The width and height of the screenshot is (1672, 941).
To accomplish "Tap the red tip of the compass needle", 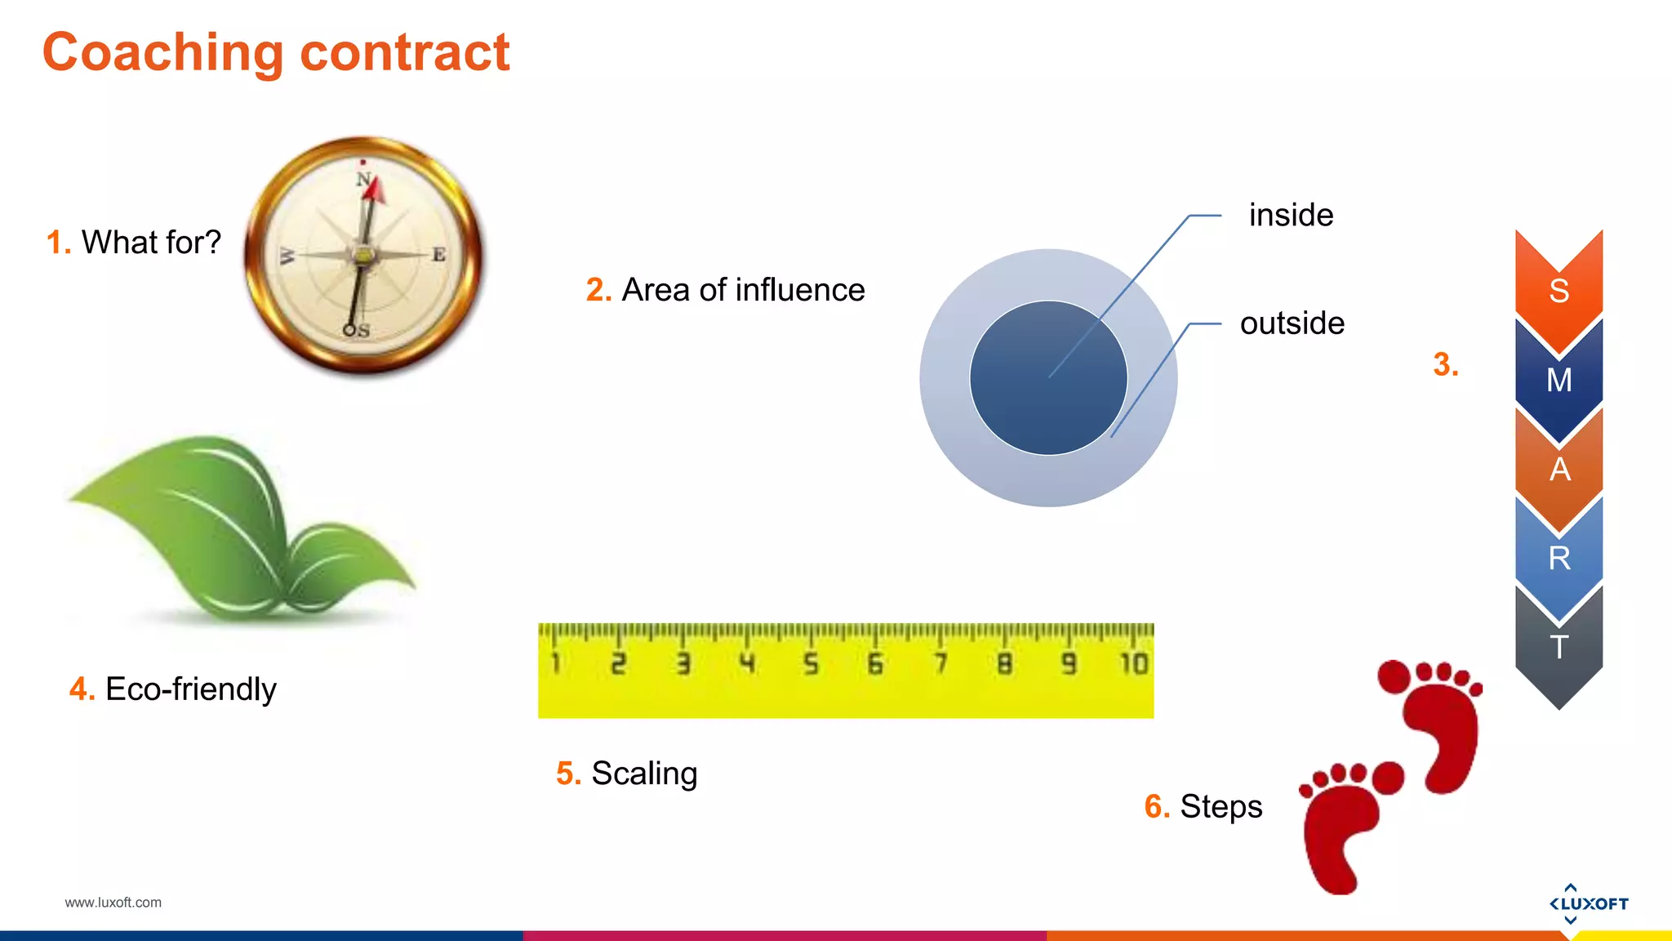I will pos(375,190).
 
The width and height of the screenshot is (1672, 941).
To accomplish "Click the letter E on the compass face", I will pos(439,255).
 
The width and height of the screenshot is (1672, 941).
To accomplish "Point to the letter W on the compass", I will pos(287,256).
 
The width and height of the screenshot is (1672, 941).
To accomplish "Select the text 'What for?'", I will pos(151,243).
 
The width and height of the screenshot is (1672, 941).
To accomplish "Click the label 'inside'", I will pos(1291,216).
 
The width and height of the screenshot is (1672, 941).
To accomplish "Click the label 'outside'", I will pos(1292,323).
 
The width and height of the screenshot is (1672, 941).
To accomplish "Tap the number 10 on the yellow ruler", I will pos(1133,663).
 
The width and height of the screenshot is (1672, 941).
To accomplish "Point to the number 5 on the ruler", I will pos(810,663).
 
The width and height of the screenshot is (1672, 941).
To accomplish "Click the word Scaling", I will pos(644,774).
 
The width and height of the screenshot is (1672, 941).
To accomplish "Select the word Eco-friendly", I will pos(190,689).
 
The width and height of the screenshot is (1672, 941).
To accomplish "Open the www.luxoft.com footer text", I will pos(113,903).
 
